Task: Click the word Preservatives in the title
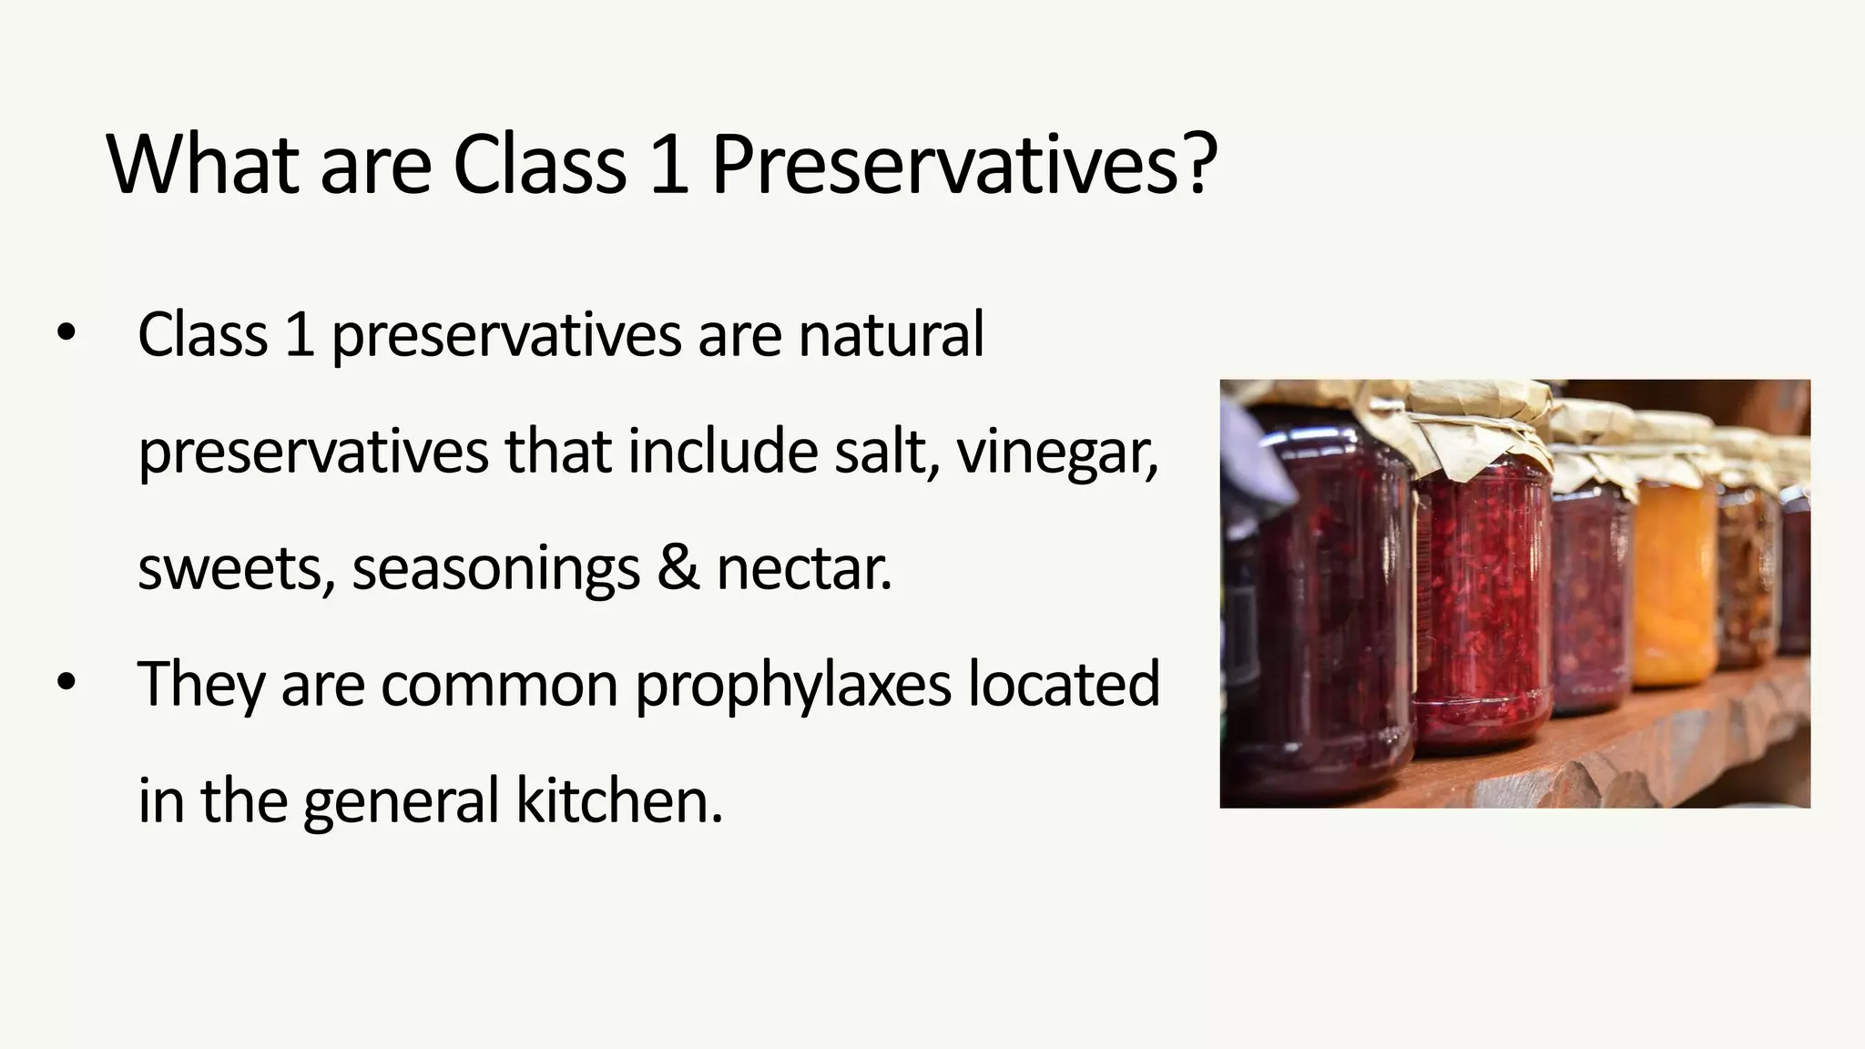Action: click(947, 165)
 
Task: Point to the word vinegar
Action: click(1056, 453)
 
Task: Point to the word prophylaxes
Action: click(793, 686)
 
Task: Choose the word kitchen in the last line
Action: click(619, 800)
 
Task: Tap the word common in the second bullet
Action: click(499, 686)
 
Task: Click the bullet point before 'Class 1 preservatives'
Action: click(66, 332)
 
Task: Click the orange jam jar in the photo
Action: click(1674, 583)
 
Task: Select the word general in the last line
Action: click(402, 802)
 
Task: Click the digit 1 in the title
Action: click(669, 165)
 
